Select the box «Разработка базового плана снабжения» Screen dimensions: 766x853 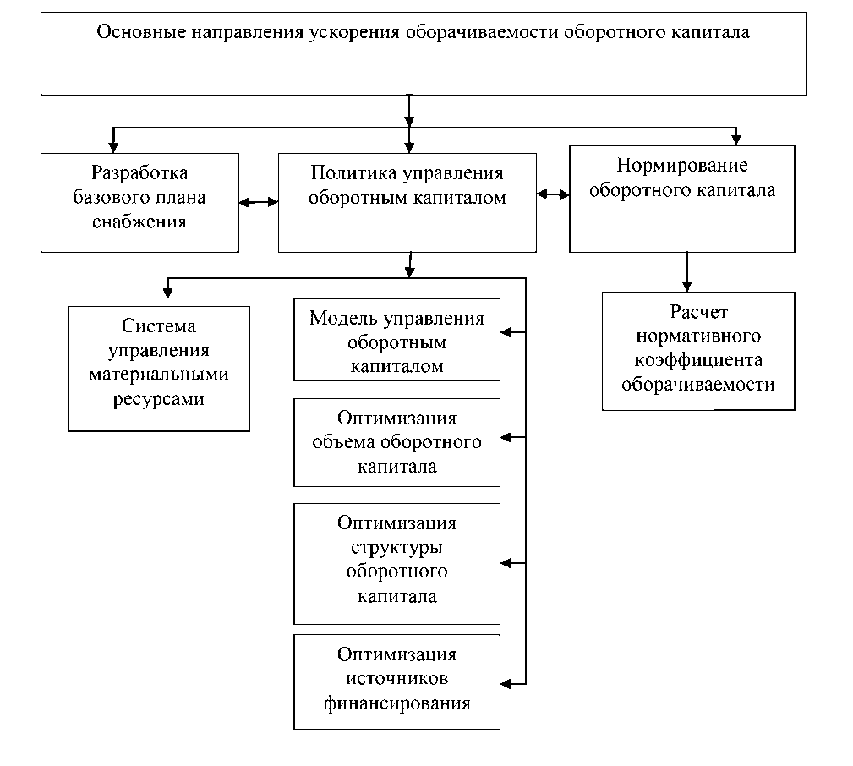tap(139, 202)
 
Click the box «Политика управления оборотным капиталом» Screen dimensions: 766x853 tap(407, 202)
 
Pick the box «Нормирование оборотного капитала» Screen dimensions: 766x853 tap(681, 199)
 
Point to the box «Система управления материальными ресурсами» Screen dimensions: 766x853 tap(159, 368)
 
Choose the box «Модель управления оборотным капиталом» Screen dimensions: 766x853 tap(396, 340)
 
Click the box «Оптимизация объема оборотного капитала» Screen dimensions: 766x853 tap(396, 442)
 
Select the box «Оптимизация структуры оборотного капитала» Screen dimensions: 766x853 tap(396, 563)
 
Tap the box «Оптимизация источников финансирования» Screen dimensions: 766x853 tap(396, 681)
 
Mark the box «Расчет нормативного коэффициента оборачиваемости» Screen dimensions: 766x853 tap(698, 351)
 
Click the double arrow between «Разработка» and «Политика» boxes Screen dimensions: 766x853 tap(258, 202)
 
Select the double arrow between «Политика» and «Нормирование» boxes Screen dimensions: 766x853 tap(553, 195)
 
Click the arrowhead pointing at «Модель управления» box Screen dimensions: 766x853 tap(506, 332)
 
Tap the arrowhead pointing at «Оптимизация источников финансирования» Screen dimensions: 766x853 tap(506, 681)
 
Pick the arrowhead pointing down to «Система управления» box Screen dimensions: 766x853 tap(167, 292)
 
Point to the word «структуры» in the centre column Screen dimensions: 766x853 tap(396, 547)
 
